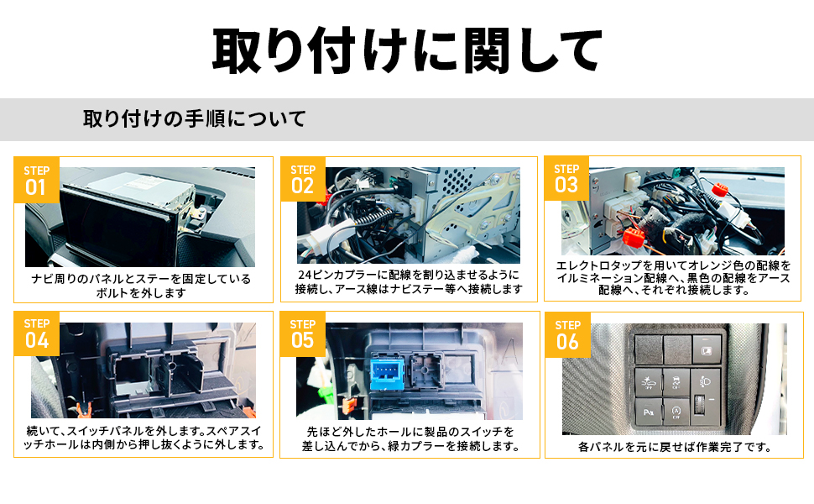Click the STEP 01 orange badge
(37, 179)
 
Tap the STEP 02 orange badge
(302, 179)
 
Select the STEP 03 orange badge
(566, 177)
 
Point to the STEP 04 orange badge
(37, 333)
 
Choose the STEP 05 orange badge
(302, 333)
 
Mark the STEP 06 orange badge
(567, 334)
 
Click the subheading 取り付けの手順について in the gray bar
(194, 118)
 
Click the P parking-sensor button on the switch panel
(648, 413)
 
